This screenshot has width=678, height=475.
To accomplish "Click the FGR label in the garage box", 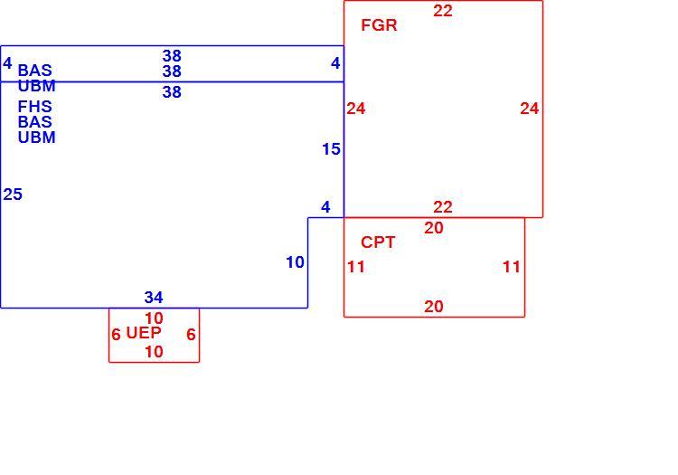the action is coord(379,25).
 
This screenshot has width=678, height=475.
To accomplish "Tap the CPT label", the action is coord(378,242).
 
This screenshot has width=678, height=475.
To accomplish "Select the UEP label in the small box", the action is coord(144,333).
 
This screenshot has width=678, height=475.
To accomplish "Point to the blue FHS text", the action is coord(34,107).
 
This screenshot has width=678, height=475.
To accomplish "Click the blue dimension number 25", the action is coord(13,195).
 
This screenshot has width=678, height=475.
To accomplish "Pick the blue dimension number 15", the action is coord(331,149).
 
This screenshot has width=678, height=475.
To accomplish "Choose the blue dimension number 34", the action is coord(154,297).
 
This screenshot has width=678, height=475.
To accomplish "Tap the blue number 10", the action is coord(295,262).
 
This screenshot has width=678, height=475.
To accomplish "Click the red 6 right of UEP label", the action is coord(191,335).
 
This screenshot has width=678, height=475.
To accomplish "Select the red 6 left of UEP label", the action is coord(116,335).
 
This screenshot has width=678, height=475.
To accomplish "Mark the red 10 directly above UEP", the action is coord(154,318).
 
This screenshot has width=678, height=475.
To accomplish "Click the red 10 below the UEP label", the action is coord(154,352).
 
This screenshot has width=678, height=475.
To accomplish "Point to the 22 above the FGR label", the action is coord(443,11).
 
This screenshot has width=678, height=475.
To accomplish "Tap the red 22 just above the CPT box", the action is coord(443,207).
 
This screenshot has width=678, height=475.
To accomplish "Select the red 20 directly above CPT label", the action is coord(434,228).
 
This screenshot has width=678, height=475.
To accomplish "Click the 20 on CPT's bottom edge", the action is coord(434,307).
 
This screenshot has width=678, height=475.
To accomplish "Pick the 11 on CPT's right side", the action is coord(511,267).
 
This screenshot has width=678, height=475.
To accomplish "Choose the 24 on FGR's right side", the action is coord(529,109).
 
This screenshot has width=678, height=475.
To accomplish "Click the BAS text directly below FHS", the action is coord(34,122).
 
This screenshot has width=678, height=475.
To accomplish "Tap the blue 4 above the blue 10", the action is coord(325,207).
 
